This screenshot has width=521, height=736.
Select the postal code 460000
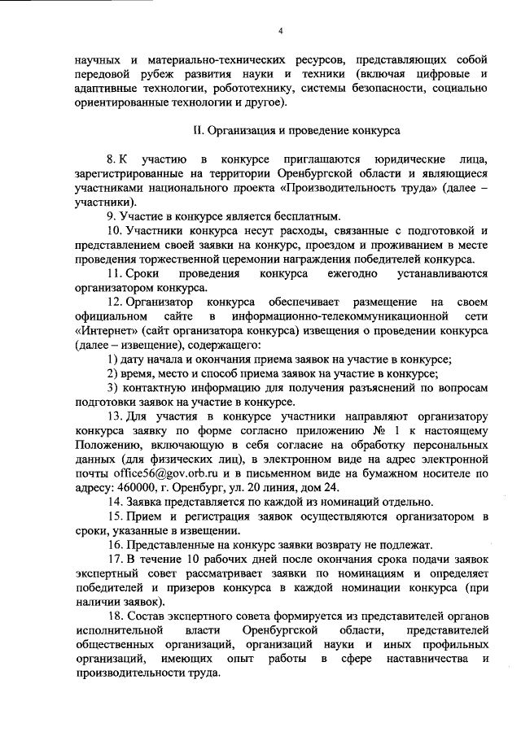tap(129, 486)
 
